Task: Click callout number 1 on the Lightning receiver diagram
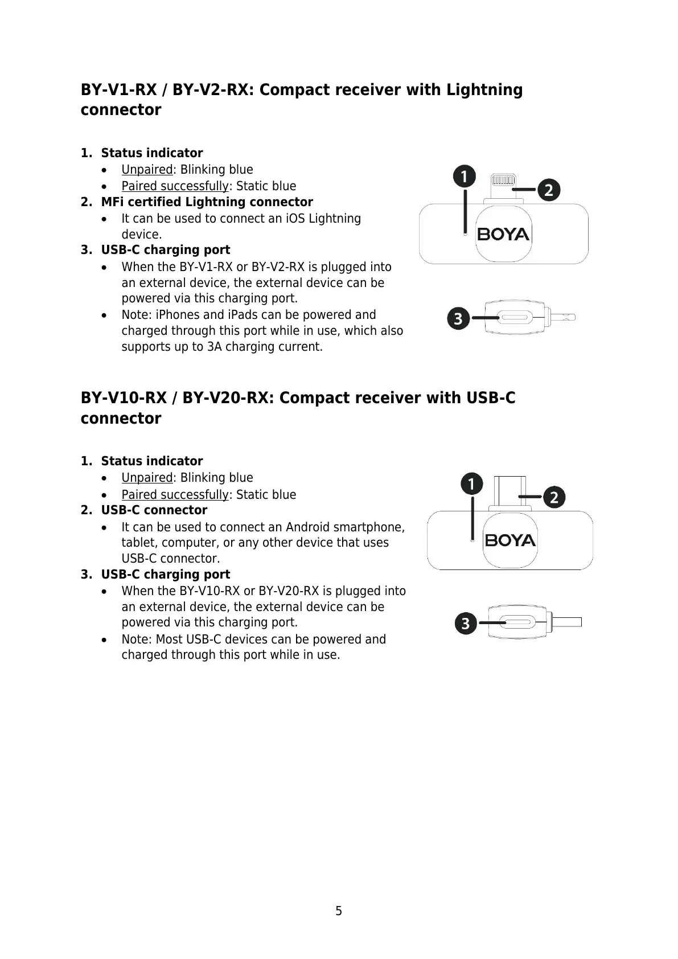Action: tap(465, 177)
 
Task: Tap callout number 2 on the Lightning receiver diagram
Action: tap(549, 190)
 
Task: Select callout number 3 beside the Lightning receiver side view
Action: tap(459, 318)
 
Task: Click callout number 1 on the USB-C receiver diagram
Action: tap(471, 485)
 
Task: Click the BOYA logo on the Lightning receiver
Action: tap(503, 234)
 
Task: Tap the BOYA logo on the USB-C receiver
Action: tap(510, 540)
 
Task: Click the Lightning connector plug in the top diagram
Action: tap(503, 186)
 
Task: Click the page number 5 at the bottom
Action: tap(339, 911)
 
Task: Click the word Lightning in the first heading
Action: tap(484, 90)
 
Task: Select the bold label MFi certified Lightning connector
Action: tap(207, 202)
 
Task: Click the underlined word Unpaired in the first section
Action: tap(147, 170)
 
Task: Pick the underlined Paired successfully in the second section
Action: tap(175, 494)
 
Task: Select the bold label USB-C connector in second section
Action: tap(154, 510)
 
